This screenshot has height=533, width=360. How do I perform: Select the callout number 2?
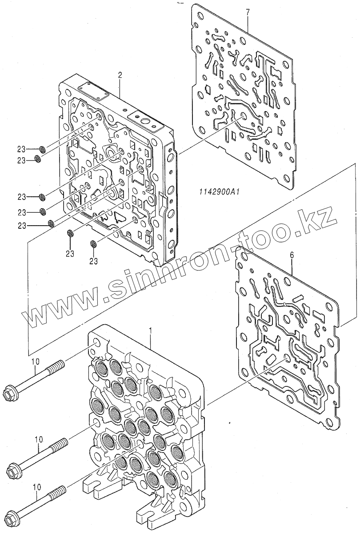pyautogui.click(x=120, y=76)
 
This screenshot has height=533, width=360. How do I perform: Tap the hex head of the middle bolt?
pyautogui.click(x=14, y=468)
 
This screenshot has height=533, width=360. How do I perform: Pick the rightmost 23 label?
pyautogui.click(x=93, y=261)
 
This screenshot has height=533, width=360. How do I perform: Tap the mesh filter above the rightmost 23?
pyautogui.click(x=93, y=243)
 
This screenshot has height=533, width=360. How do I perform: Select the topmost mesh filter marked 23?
pyautogui.click(x=42, y=148)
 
